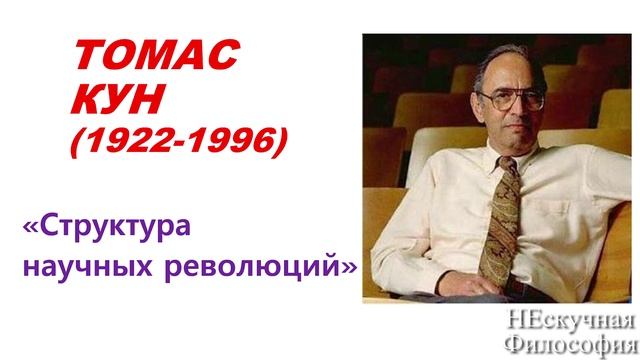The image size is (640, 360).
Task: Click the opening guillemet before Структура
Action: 29,228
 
